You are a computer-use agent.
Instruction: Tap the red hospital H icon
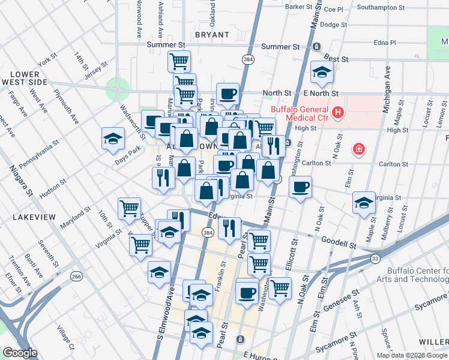coord(339,112)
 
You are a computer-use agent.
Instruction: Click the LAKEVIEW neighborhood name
coord(34,217)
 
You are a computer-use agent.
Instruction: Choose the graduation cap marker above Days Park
coord(113,139)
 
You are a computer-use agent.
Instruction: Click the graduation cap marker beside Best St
coord(322,73)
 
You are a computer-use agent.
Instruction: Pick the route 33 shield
coord(375,258)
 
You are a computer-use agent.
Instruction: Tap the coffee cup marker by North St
coord(228,94)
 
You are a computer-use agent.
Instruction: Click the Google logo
coord(20,353)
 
